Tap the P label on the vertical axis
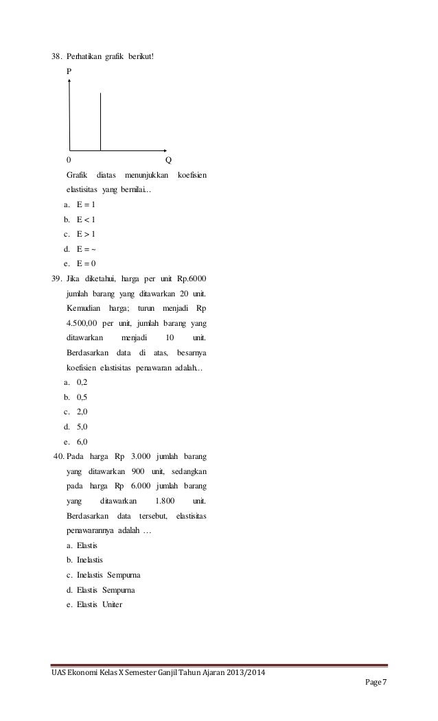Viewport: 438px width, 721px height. click(69, 71)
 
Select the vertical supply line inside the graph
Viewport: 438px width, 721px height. click(100, 121)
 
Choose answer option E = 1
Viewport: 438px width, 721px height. click(86, 204)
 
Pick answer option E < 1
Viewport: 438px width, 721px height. click(86, 220)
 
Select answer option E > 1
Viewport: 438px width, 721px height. click(86, 234)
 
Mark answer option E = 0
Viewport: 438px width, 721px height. click(86, 263)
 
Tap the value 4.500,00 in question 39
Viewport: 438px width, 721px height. click(81, 323)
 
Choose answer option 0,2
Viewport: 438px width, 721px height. click(82, 383)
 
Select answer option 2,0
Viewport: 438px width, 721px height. click(82, 412)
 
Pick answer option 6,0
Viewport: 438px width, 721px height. click(82, 442)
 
